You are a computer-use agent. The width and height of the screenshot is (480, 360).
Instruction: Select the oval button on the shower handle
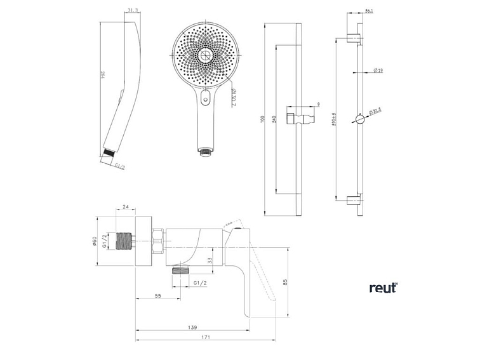click(206, 98)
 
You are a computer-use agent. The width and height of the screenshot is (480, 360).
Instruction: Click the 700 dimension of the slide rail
click(269, 120)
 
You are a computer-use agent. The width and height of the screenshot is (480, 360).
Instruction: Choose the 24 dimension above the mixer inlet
click(125, 207)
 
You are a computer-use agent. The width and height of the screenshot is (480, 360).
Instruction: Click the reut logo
click(383, 288)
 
